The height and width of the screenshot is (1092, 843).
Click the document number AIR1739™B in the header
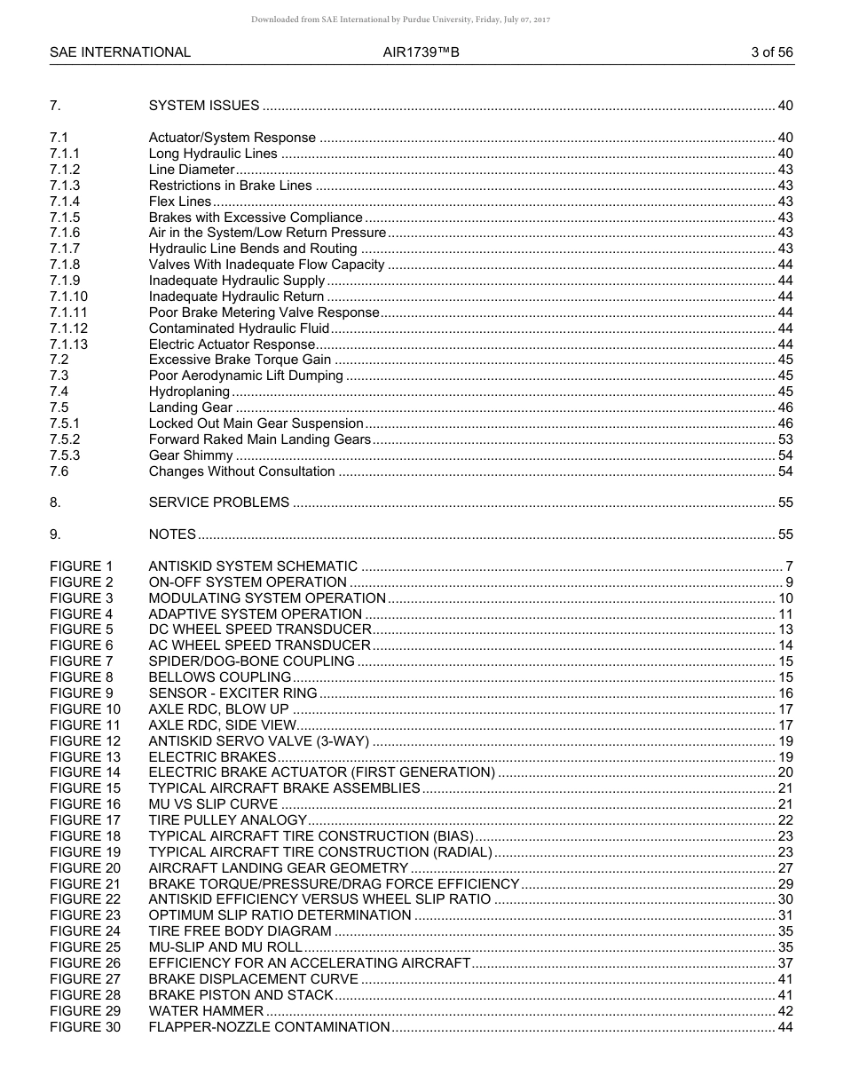tap(421, 52)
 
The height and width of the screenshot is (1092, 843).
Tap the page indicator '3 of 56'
tap(771, 52)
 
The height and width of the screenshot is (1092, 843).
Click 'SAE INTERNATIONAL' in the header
tap(120, 52)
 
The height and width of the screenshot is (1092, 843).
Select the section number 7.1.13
tap(68, 344)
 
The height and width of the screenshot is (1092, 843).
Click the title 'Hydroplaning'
tap(189, 392)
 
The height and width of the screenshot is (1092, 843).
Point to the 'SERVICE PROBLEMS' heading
tap(218, 502)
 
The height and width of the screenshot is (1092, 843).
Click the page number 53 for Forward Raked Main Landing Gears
tap(785, 439)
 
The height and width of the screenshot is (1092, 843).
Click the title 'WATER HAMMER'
tap(206, 1011)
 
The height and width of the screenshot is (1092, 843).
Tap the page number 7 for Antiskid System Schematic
tap(790, 566)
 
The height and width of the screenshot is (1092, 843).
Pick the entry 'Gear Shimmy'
tap(190, 455)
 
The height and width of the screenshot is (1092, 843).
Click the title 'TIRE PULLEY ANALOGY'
tap(228, 820)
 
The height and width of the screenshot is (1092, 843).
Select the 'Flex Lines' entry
tap(180, 202)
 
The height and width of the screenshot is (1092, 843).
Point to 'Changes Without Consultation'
tap(241, 471)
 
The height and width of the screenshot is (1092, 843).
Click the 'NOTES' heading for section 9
tap(172, 534)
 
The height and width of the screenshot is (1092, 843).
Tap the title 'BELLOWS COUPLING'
tap(219, 677)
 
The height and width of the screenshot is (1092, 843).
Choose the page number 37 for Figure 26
tap(785, 963)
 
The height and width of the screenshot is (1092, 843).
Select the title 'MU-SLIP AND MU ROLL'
tap(225, 947)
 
